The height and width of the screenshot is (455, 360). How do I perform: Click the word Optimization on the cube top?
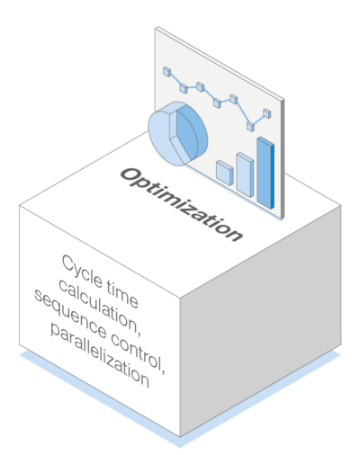click(182, 204)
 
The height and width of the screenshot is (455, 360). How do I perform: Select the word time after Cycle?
click(122, 294)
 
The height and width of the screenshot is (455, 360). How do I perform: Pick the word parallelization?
click(100, 355)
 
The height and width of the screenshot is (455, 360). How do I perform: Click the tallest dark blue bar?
click(265, 173)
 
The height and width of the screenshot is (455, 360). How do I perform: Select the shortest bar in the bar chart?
click(225, 173)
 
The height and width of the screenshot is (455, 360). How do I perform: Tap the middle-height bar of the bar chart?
click(245, 174)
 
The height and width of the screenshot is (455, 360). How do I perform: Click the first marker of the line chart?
click(167, 72)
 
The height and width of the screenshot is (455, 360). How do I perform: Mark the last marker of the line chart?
click(267, 113)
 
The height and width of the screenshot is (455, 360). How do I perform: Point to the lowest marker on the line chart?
click(250, 126)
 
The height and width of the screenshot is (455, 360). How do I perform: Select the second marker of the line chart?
click(184, 88)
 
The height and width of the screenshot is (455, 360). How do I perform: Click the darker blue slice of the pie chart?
click(192, 132)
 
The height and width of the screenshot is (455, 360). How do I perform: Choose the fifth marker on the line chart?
click(234, 99)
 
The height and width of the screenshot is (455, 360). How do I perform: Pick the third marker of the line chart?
click(201, 87)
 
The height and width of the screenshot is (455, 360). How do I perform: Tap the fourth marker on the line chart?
click(217, 103)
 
